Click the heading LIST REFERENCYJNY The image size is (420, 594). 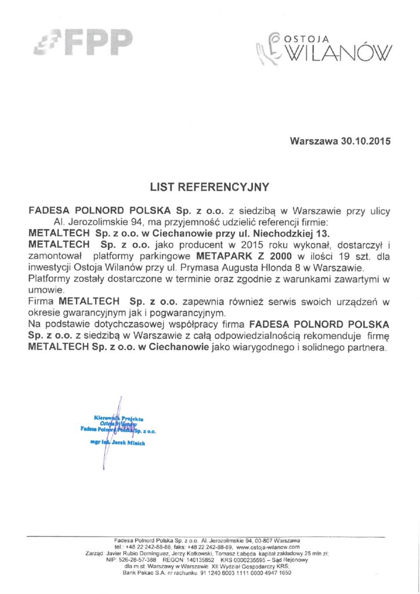click(x=209, y=187)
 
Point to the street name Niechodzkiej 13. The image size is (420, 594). click(x=289, y=233)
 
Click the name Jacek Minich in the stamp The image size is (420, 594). click(x=128, y=443)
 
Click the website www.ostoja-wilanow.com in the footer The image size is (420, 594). click(x=268, y=547)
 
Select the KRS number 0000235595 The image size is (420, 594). click(x=251, y=560)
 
